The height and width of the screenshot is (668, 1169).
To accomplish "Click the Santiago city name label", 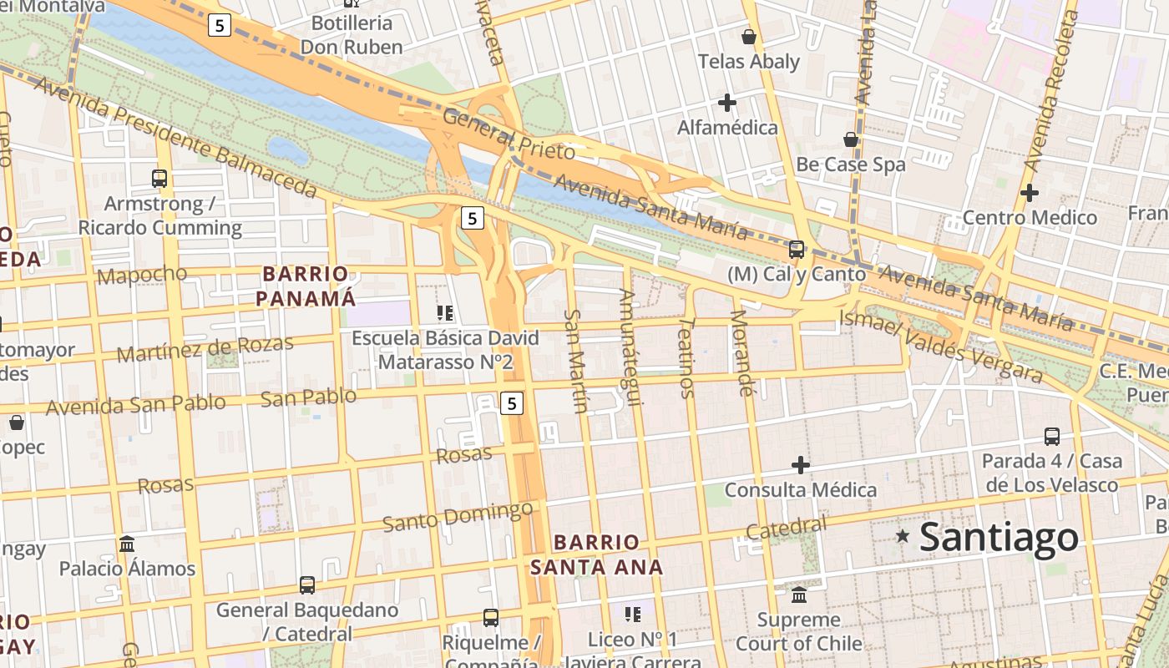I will pos(999,537).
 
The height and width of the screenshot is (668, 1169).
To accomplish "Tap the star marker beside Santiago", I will pos(902,535).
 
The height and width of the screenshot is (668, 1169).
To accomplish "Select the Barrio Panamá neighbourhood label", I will pos(306,286).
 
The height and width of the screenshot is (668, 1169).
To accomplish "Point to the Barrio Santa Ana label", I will pos(596,554).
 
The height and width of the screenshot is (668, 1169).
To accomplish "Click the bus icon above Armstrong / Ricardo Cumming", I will pos(159,178).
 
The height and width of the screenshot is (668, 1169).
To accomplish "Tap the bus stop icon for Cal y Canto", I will pos(797,249).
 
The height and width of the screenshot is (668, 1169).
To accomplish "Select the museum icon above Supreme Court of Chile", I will pos(799,595).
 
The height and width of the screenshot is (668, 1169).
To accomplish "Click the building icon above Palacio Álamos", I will pos(127,544).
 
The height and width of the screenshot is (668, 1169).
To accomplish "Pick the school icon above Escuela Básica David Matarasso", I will pos(445,313).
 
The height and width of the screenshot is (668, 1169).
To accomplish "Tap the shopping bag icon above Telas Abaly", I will pos(749,37).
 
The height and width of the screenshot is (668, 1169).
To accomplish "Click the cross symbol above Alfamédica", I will pos(727,103).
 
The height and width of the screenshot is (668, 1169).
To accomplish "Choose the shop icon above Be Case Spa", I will pos(851,139).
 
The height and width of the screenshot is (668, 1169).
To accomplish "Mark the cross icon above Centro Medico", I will pos(1030,193).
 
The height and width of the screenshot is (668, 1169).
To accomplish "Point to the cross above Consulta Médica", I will pos(801,464).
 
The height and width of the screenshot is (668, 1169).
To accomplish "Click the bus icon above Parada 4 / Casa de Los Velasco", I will pos(1052,436).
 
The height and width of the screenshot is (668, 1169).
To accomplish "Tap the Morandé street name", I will pos(741,352).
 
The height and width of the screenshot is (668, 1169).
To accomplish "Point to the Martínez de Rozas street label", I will pos(205,347).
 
